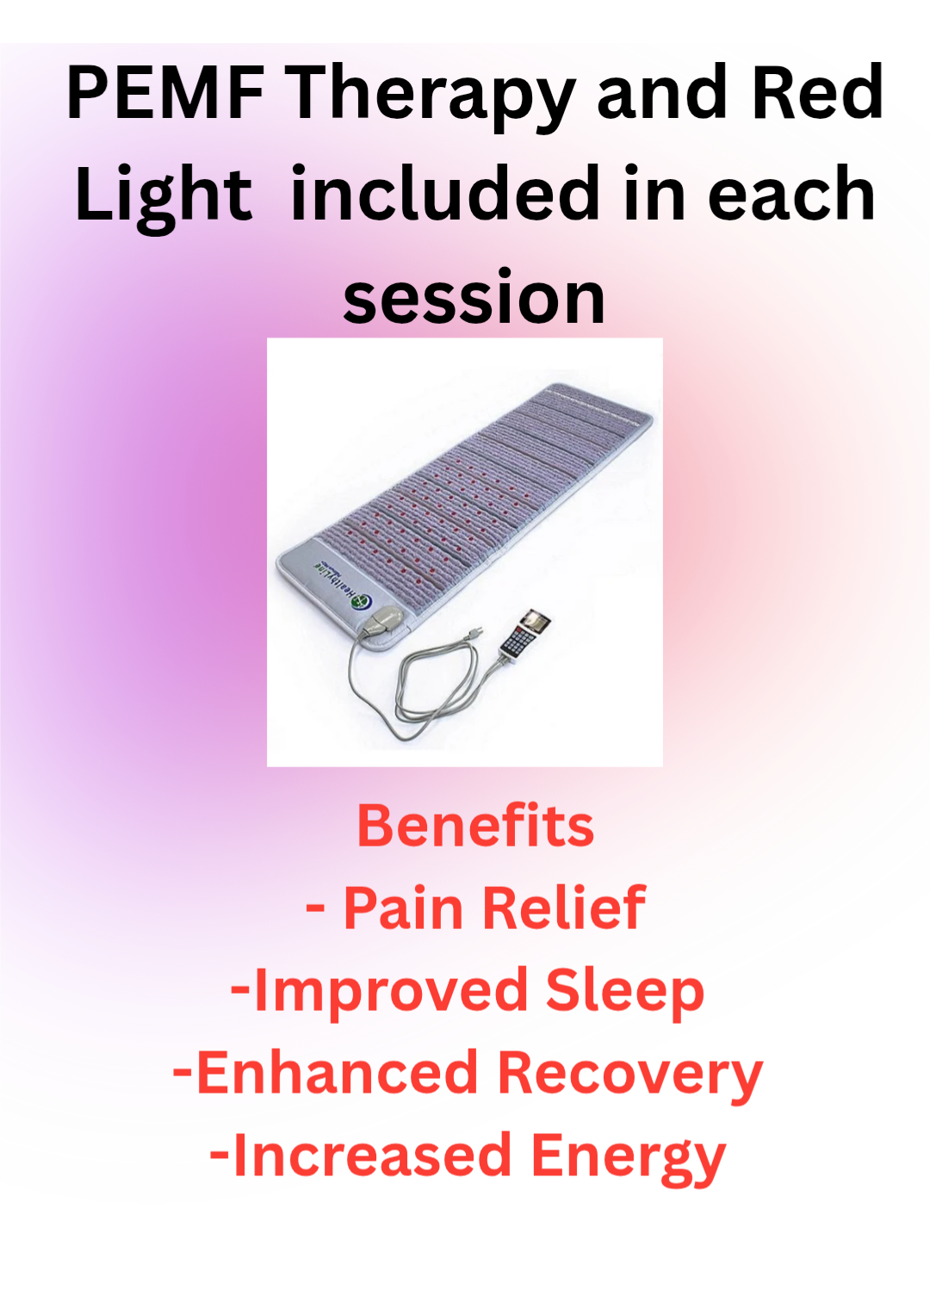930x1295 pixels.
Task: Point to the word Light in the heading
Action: pos(164,199)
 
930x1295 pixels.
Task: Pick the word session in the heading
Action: pos(474,300)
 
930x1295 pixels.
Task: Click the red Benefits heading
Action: pos(475,826)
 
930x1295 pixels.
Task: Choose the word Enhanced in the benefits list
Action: pos(336,1074)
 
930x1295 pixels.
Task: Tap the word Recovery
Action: pos(630,1078)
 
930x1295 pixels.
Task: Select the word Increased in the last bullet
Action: pos(373,1156)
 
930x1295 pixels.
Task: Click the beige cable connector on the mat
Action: pos(381,620)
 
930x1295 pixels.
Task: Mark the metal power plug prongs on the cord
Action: pos(475,629)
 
